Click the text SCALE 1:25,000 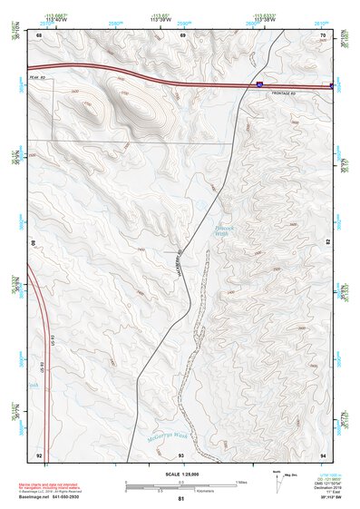179,473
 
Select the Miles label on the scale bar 239,481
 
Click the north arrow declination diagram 276,483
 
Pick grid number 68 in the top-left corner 40,35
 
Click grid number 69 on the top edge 182,35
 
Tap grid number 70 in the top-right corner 323,35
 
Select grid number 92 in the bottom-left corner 39,454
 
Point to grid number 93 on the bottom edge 181,454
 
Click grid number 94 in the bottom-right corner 323,454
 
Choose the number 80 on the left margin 35,243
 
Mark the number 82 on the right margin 327,243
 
